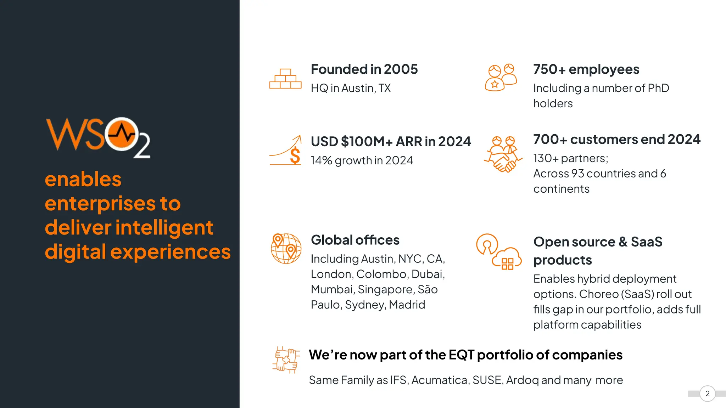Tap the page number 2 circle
pos(707,393)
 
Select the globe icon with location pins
pos(286,248)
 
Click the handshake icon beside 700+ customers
pos(503,154)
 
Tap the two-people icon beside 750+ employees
pos(501,78)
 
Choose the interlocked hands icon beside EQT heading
pos(286,360)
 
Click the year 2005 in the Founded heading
pos(401,69)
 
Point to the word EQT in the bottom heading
pos(461,355)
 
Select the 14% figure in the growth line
pos(321,160)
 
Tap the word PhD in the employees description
pos(658,88)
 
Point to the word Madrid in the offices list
pos(407,305)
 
